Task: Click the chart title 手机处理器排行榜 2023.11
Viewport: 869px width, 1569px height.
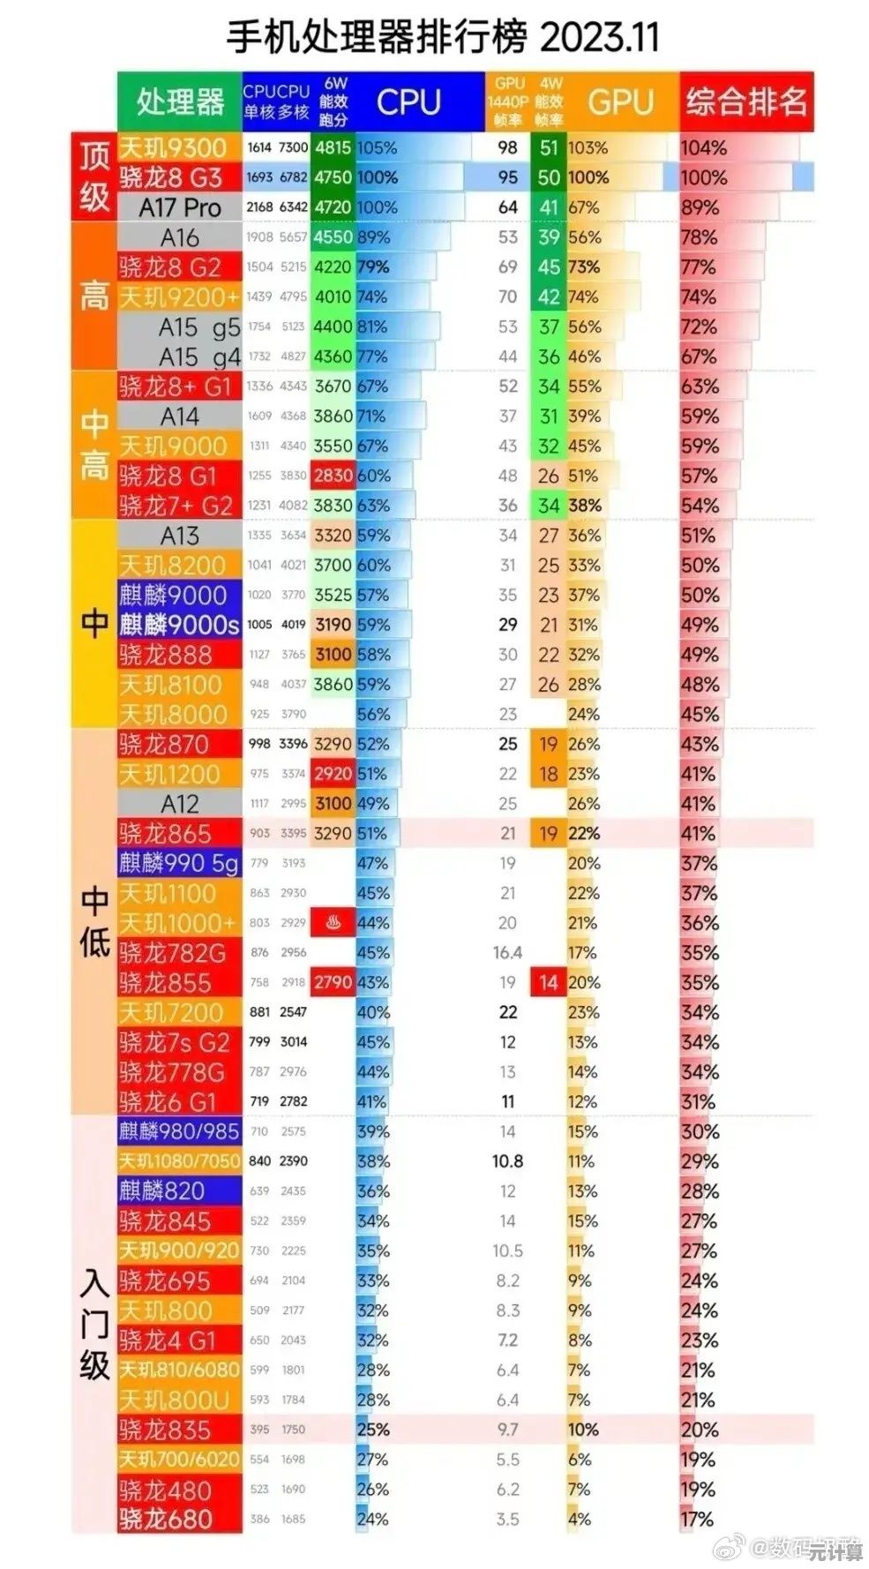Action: (442, 37)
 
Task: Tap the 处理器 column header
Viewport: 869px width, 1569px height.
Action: (179, 101)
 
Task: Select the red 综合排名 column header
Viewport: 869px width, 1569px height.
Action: (745, 101)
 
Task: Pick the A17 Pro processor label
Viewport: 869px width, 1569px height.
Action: (179, 207)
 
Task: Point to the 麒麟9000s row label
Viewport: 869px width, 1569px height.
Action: (179, 625)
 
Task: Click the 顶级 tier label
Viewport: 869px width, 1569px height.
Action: (94, 176)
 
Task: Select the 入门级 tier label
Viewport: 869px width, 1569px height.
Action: (94, 1324)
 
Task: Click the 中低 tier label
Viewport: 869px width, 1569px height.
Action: (94, 922)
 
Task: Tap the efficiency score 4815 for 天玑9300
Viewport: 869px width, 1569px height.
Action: (333, 147)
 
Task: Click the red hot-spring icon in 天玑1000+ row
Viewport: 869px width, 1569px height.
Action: (333, 923)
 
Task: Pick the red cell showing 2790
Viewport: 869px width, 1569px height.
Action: (333, 982)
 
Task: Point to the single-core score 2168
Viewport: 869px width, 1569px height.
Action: (259, 207)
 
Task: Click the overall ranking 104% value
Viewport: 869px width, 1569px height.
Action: (703, 147)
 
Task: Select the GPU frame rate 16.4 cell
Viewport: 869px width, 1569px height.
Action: (507, 953)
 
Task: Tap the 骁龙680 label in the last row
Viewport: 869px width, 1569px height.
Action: (166, 1520)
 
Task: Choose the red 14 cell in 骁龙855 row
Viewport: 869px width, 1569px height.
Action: (549, 982)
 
